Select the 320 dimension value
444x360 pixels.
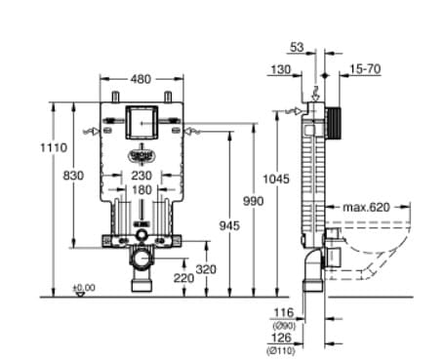pos(207,268)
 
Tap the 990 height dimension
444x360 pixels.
pos(255,200)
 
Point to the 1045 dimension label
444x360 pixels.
pos(278,179)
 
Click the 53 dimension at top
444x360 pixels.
pos(297,47)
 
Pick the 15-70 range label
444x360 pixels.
pos(366,68)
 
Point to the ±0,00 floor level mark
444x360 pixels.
pos(85,288)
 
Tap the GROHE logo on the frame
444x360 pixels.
pos(142,154)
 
